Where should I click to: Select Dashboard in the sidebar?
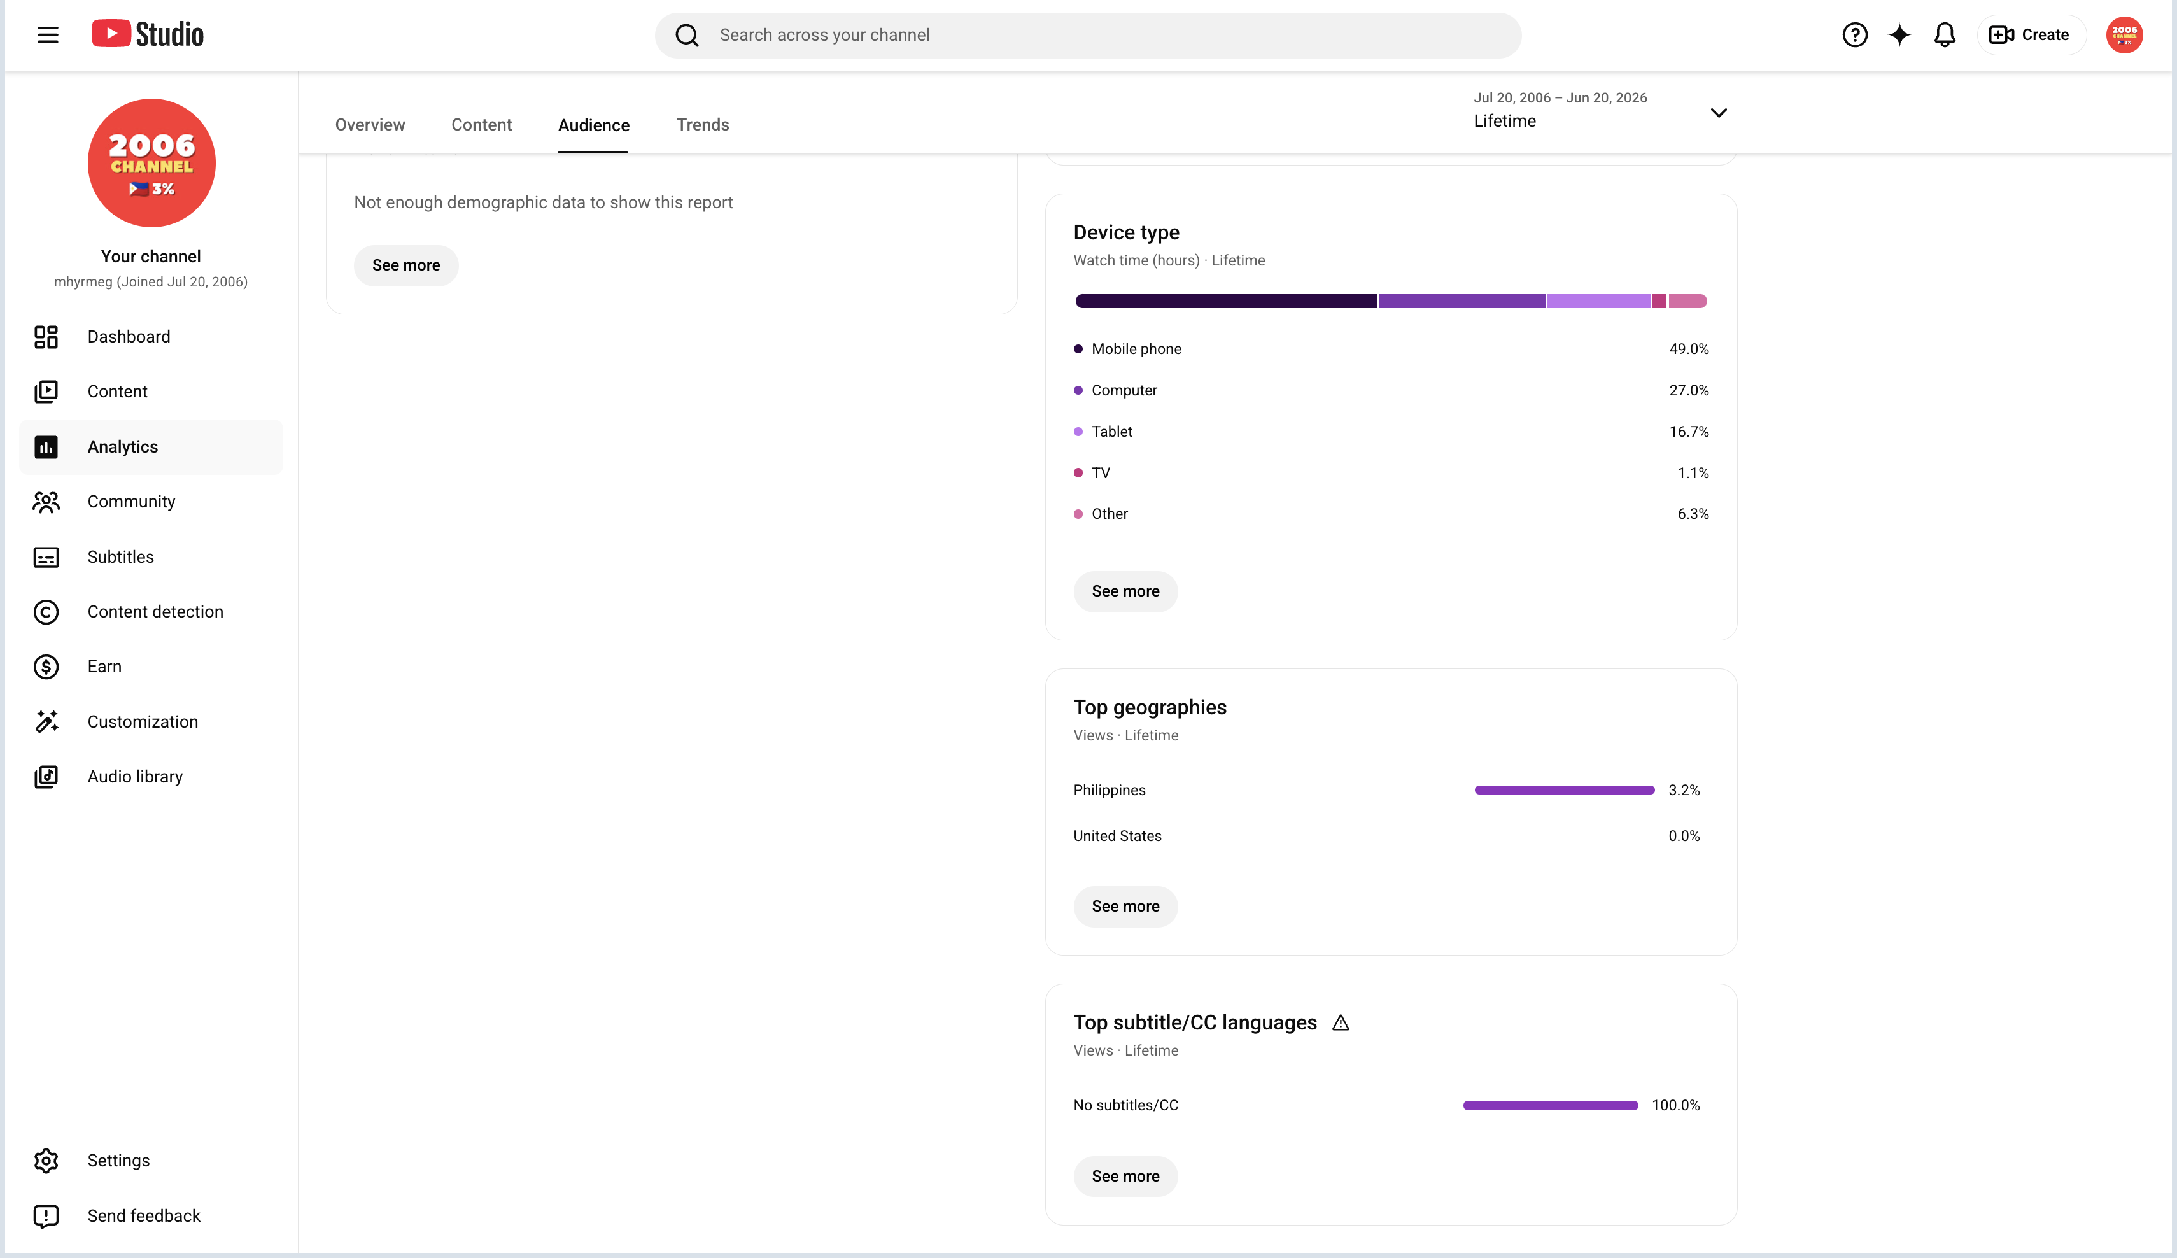[x=128, y=336]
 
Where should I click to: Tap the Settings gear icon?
[x=46, y=1161]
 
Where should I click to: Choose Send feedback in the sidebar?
[x=143, y=1216]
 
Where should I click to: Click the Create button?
[x=2030, y=34]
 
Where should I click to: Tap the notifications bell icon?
[x=1945, y=34]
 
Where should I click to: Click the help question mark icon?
[x=1855, y=34]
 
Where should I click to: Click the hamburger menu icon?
[x=48, y=34]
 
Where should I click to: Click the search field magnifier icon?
[x=687, y=34]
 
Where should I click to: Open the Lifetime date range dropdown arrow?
[x=1718, y=112]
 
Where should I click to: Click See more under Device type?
[x=1125, y=591]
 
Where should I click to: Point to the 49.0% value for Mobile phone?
[x=1688, y=348]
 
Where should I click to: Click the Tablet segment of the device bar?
[x=1598, y=300]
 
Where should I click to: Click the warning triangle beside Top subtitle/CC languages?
[x=1340, y=1023]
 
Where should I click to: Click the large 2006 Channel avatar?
[x=151, y=162]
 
